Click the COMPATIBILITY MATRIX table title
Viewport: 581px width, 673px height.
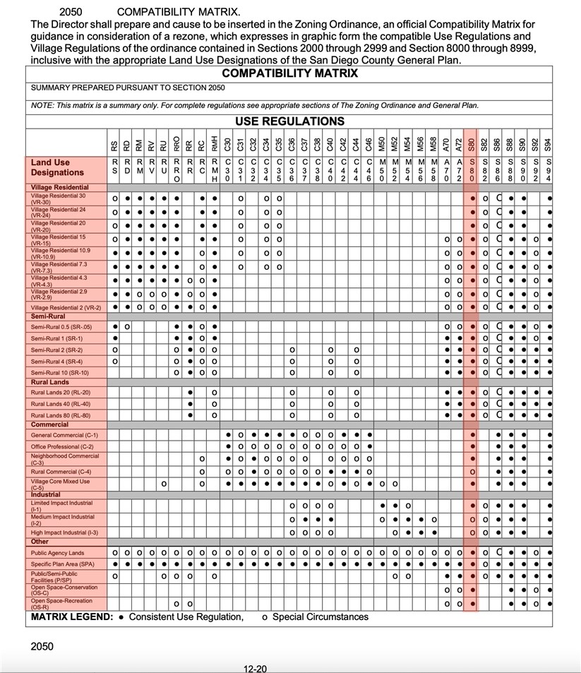289,73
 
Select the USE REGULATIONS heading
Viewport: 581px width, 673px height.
289,121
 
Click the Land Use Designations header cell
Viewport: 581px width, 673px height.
57,167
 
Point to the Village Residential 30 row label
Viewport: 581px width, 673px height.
59,198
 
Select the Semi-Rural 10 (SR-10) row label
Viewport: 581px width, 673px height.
59,372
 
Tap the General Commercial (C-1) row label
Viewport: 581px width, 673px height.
64,435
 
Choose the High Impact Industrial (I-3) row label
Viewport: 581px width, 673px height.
64,532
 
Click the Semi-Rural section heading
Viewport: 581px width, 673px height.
49,316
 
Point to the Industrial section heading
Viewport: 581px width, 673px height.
46,495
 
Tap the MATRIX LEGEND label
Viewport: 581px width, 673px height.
71,617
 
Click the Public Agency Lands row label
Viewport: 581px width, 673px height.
57,553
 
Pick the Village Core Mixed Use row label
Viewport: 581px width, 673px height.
61,484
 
